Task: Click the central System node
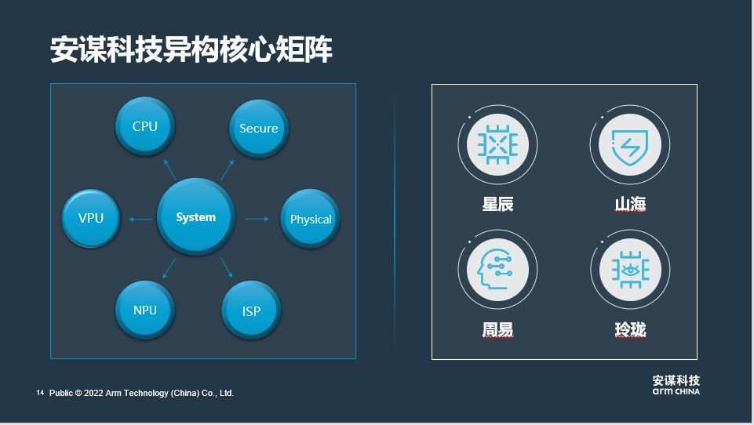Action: [195, 217]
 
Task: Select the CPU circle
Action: [145, 126]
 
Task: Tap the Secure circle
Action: [259, 129]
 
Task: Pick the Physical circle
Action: [311, 219]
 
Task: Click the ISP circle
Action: [251, 311]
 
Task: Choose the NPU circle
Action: [145, 310]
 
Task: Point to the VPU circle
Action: [91, 218]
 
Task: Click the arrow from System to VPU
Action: [140, 219]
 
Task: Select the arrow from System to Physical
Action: [257, 219]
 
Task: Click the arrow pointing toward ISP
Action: [227, 268]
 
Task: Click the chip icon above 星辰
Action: [497, 144]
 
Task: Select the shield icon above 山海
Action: [629, 144]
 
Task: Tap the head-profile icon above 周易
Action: [497, 270]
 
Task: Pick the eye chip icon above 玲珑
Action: [629, 270]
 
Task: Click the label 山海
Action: [630, 205]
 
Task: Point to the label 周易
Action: [497, 330]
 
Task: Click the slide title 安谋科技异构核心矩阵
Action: [191, 49]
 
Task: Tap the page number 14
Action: [40, 392]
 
